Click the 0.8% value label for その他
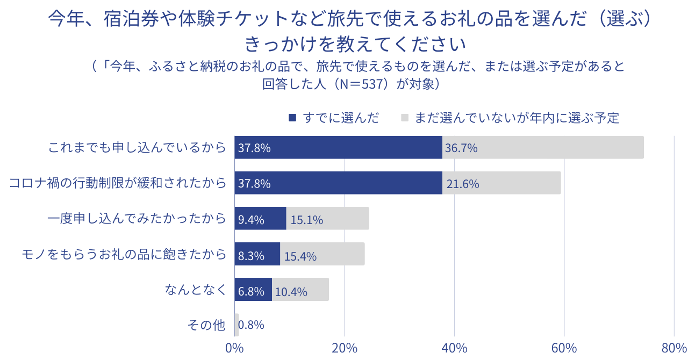tap(251, 325)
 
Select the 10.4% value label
tap(291, 292)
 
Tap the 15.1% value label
tap(306, 220)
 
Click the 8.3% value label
tap(251, 256)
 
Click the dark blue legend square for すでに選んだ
tap(292, 118)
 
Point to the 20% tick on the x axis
tap(345, 348)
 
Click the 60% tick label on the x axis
tap(564, 348)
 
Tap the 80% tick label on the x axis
tap(674, 348)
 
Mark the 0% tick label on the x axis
tap(235, 348)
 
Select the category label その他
tap(206, 325)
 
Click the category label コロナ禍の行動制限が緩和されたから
tap(118, 183)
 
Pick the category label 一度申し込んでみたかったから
tap(137, 219)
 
